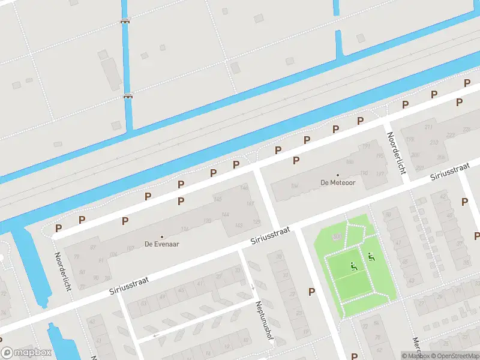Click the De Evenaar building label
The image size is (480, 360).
pyautogui.click(x=162, y=244)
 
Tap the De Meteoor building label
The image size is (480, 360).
pyautogui.click(x=338, y=182)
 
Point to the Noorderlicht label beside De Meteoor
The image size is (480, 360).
pyautogui.click(x=396, y=152)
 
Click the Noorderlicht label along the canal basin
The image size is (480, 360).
pyautogui.click(x=62, y=271)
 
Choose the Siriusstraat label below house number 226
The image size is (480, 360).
pyautogui.click(x=449, y=173)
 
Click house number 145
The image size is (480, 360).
pyautogui.click(x=218, y=199)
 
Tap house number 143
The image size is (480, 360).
pyautogui.click(x=238, y=225)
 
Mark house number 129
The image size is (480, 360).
pyautogui.click(x=256, y=222)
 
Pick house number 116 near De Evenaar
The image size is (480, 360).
pyautogui.click(x=185, y=229)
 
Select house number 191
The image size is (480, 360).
pyautogui.click(x=367, y=146)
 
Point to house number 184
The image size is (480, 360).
pyautogui.click(x=295, y=187)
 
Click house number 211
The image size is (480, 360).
pyautogui.click(x=428, y=127)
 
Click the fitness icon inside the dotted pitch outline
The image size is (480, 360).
pyautogui.click(x=353, y=266)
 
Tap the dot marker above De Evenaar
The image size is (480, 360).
pyautogui.click(x=162, y=236)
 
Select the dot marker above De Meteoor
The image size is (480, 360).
pyautogui.click(x=338, y=175)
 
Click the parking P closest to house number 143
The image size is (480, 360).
pyautogui.click(x=181, y=200)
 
